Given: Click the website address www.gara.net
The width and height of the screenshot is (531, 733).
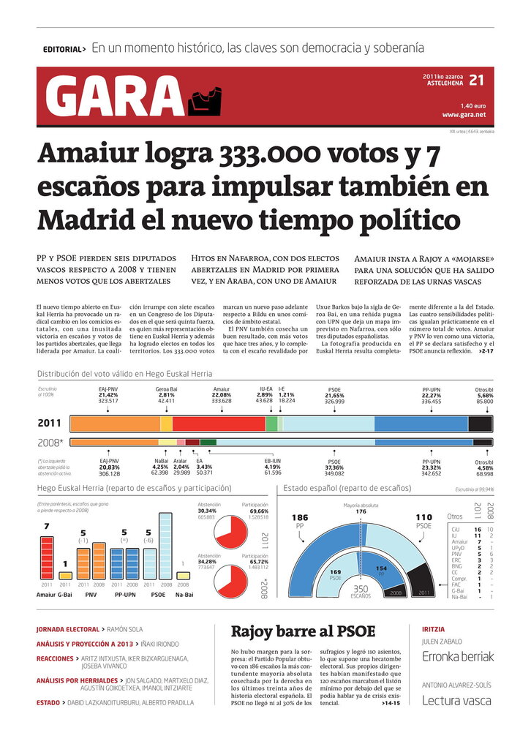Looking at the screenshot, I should tap(464, 116).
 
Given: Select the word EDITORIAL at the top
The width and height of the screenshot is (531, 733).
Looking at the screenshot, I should tap(62, 50).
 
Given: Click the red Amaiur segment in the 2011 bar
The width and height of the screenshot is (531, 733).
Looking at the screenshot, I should tap(219, 424).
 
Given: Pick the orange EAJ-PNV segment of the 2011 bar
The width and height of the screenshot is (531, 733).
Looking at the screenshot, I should tap(115, 424).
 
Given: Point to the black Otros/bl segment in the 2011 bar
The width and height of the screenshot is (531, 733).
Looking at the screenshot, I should tap(480, 424).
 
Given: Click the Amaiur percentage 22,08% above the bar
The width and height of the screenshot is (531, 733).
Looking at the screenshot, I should tap(222, 395).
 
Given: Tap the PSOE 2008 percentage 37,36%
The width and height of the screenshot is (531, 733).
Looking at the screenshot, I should tap(334, 468).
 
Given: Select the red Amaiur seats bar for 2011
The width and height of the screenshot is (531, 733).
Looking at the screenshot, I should tap(47, 557).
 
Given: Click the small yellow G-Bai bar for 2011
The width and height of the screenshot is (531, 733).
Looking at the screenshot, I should tap(65, 574).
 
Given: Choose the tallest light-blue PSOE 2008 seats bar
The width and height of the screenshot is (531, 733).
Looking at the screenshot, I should tap(165, 546).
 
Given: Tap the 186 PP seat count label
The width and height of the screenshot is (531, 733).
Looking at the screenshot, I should tap(300, 517).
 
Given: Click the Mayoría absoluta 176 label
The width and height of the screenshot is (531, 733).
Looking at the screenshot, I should tap(361, 508).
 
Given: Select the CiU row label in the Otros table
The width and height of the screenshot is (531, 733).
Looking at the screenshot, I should tap(456, 528).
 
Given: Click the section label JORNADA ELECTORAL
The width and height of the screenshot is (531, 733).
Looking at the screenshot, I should tap(67, 629).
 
